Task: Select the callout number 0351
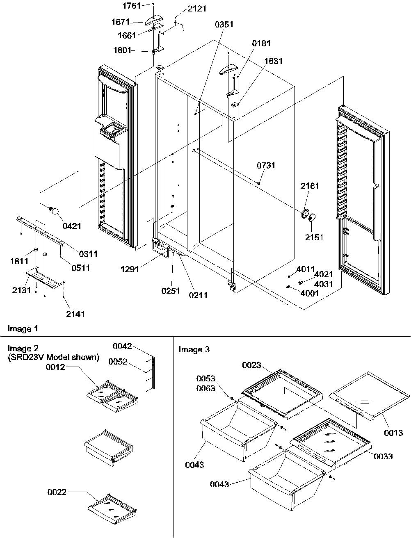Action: [x=224, y=25]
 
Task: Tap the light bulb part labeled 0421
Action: [x=54, y=211]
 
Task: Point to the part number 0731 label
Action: [x=266, y=166]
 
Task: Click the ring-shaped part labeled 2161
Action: [x=305, y=213]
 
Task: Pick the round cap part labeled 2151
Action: [x=312, y=217]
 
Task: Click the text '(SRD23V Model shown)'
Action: [x=53, y=357]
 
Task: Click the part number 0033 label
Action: [x=382, y=456]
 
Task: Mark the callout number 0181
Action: [x=261, y=43]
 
